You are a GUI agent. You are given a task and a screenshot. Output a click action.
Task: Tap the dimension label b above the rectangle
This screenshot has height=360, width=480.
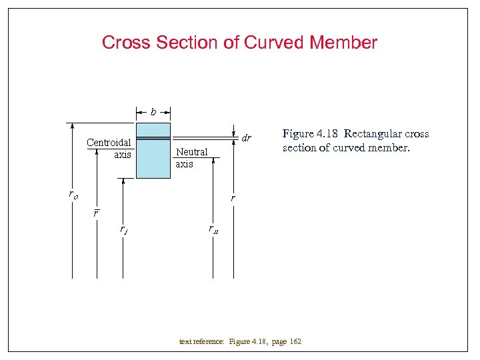pos(153,112)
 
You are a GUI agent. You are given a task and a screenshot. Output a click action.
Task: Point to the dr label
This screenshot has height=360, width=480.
pos(246,139)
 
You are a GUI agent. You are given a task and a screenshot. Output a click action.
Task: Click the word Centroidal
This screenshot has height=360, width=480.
pos(109,143)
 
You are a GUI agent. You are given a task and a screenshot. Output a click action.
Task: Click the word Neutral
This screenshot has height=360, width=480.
pos(192,152)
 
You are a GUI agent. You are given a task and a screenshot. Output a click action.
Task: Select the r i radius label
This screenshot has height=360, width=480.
pos(124,230)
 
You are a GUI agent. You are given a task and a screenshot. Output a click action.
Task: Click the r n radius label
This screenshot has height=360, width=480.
pos(213,230)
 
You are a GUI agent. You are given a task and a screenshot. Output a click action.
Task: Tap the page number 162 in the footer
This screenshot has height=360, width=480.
pos(295,342)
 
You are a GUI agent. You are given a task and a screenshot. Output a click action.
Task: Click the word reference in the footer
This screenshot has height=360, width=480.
pos(211,342)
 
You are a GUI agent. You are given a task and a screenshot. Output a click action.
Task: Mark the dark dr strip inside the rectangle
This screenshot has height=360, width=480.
pos(153,139)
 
